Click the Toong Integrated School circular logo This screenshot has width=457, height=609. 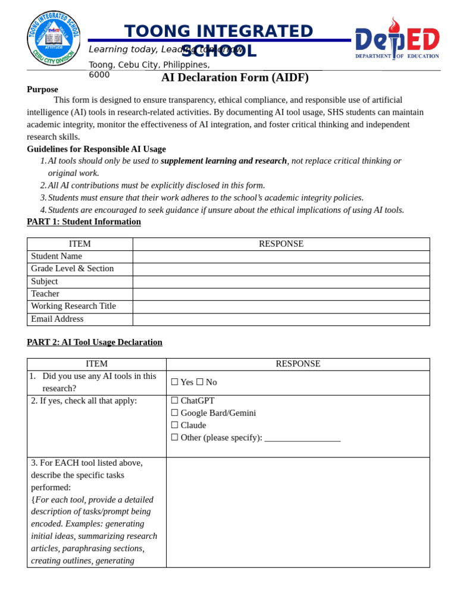click(54, 38)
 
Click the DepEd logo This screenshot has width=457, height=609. click(397, 39)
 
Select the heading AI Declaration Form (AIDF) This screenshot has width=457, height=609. click(234, 77)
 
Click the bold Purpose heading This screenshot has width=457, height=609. click(42, 89)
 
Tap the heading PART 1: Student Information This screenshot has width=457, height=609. click(84, 222)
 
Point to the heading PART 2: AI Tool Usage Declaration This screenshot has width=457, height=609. click(95, 343)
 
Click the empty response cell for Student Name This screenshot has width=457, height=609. click(281, 257)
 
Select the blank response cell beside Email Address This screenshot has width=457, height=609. click(281, 319)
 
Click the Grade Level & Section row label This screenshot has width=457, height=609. click(72, 269)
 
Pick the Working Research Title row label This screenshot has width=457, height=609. click(73, 306)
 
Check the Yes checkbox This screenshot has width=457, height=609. click(174, 382)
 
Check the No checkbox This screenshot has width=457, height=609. click(200, 382)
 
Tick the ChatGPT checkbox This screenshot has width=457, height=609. click(174, 401)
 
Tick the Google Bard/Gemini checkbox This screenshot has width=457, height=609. click(174, 413)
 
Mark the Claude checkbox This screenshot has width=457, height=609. click(174, 425)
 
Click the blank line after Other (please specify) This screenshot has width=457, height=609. click(302, 438)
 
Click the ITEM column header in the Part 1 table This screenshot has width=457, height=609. click(80, 244)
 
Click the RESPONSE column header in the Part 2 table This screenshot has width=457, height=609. click(298, 364)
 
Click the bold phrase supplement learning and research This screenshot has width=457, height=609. click(224, 161)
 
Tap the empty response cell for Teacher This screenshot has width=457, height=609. click(281, 294)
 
